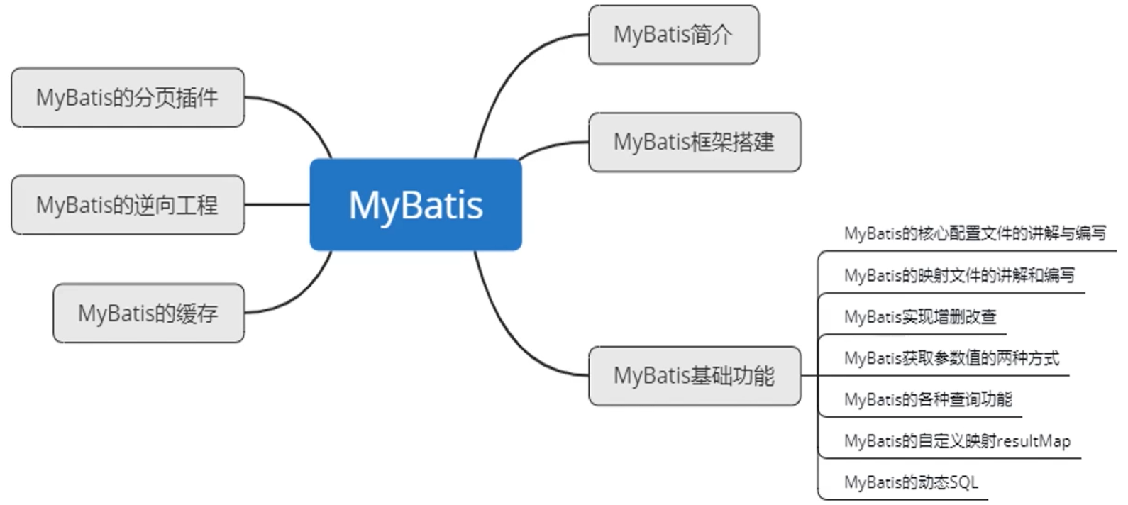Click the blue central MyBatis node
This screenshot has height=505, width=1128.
pos(416,204)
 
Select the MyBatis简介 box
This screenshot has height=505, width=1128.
pos(673,35)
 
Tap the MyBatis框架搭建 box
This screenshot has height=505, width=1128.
pos(694,142)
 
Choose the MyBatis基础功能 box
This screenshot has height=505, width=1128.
pos(694,375)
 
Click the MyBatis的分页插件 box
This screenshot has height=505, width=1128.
pos(128,98)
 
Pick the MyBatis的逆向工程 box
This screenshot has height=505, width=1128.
pos(128,205)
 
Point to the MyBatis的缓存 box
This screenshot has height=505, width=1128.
pos(148,313)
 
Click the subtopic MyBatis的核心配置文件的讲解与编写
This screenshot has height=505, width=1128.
pos(975,233)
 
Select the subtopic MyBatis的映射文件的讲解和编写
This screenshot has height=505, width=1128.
pos(959,275)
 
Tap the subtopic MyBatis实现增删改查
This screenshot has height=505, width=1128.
pos(920,316)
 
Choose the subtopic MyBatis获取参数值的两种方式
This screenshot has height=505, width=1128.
pos(951,358)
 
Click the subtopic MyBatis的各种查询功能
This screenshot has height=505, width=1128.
pos(928,399)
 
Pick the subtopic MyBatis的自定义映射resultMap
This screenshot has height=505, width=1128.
pos(957,440)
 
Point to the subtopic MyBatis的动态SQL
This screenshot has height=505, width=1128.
pos(911,482)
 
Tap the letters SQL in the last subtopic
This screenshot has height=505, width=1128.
pos(963,482)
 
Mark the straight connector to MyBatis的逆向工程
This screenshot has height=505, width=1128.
pos(277,205)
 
